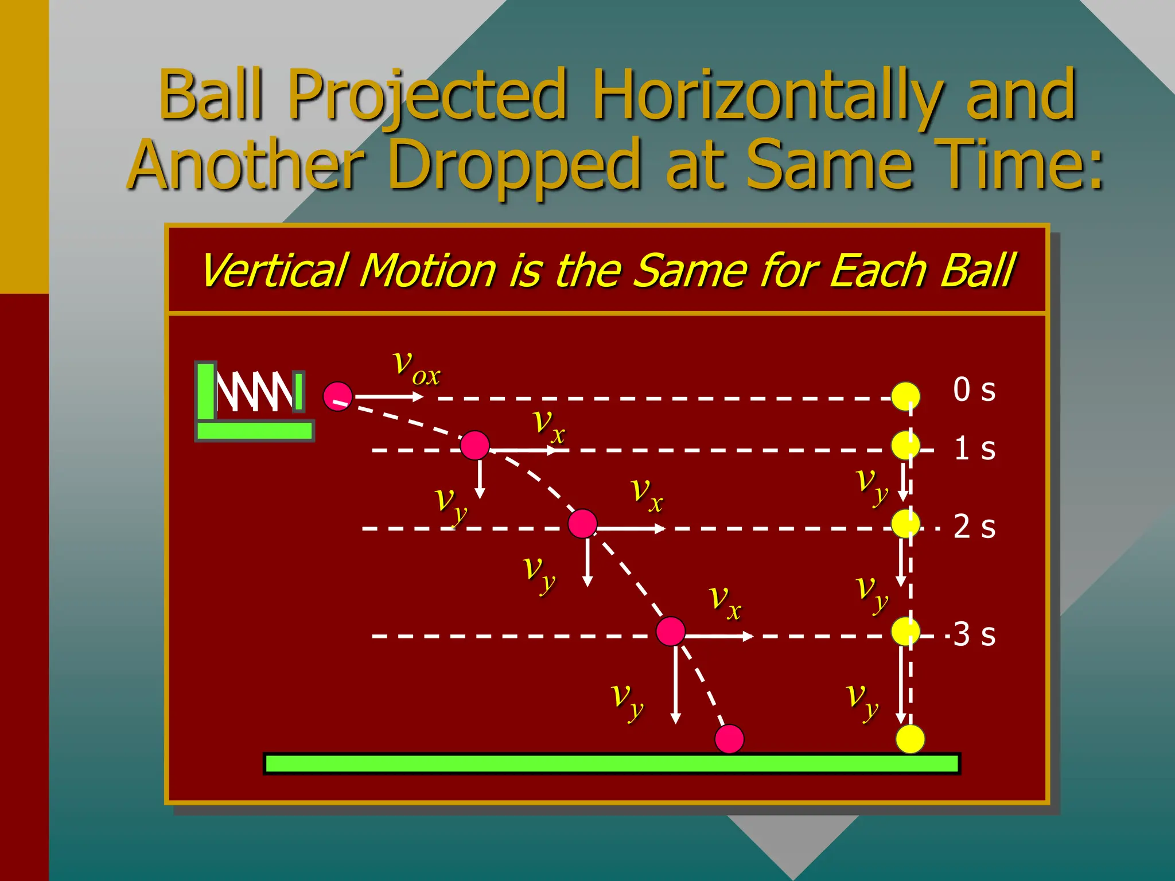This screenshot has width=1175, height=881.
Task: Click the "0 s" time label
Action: coord(974,390)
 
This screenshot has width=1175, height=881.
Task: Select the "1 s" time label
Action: coord(974,449)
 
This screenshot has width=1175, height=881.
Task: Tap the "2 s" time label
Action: coord(974,527)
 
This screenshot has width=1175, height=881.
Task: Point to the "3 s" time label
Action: coord(974,634)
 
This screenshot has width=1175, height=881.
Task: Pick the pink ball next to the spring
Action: coord(338,396)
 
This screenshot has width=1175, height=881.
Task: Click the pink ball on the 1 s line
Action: coord(475,446)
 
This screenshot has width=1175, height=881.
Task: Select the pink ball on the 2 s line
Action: coord(582,524)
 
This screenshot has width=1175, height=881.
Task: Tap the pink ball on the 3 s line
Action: coord(670,631)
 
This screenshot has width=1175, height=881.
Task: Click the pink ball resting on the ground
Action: coord(729,739)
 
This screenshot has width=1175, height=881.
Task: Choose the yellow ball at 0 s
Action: coord(905,396)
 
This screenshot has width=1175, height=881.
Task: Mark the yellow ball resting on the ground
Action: coord(910,739)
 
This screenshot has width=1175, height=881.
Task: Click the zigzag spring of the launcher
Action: coord(255,391)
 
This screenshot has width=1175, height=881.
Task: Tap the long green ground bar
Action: coord(612,764)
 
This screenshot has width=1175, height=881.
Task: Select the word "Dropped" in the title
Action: coord(514,165)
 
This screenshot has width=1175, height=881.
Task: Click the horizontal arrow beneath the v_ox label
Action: coord(388,396)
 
